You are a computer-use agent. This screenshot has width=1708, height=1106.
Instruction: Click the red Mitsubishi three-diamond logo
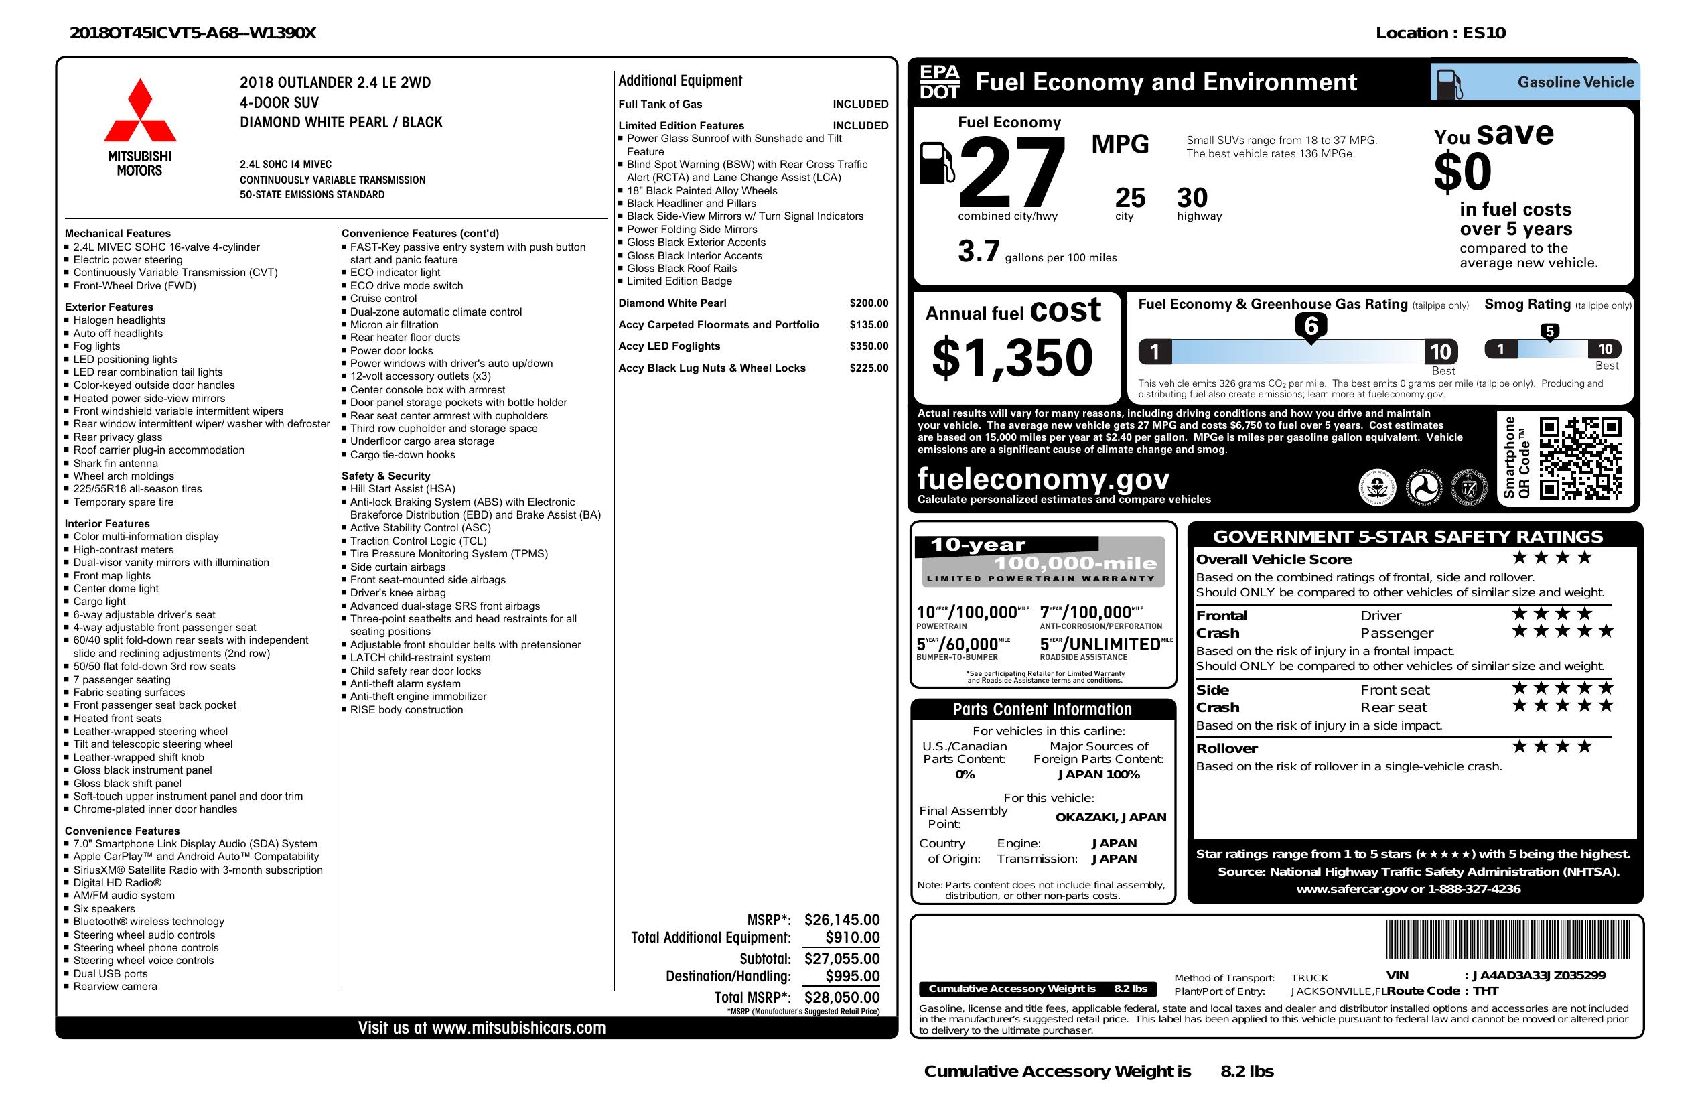pyautogui.click(x=140, y=111)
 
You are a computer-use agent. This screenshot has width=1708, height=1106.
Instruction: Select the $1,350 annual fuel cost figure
pyautogui.click(x=1012, y=358)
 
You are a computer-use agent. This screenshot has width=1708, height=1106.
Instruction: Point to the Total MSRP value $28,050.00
pyautogui.click(x=841, y=997)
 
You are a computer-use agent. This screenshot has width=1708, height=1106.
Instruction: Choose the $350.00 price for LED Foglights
pyautogui.click(x=868, y=346)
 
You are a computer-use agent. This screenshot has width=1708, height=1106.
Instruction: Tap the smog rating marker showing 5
pyautogui.click(x=1549, y=332)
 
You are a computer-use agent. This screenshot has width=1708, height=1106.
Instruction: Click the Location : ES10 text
pyautogui.click(x=1439, y=33)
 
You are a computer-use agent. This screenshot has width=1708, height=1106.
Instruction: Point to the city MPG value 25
pyautogui.click(x=1129, y=198)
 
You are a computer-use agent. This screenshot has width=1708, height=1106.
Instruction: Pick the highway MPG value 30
pyautogui.click(x=1192, y=198)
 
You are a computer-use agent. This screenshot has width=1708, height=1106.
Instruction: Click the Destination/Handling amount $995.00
pyautogui.click(x=852, y=976)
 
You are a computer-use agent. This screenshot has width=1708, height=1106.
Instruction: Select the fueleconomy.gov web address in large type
pyautogui.click(x=1044, y=479)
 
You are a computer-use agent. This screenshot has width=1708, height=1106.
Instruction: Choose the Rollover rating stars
pyautogui.click(x=1551, y=747)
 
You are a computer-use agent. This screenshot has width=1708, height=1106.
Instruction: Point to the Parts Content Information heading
pyautogui.click(x=1042, y=710)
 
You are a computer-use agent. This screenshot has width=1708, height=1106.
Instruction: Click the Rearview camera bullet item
pyautogui.click(x=115, y=986)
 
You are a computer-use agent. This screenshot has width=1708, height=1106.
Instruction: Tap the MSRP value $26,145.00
pyautogui.click(x=841, y=919)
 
